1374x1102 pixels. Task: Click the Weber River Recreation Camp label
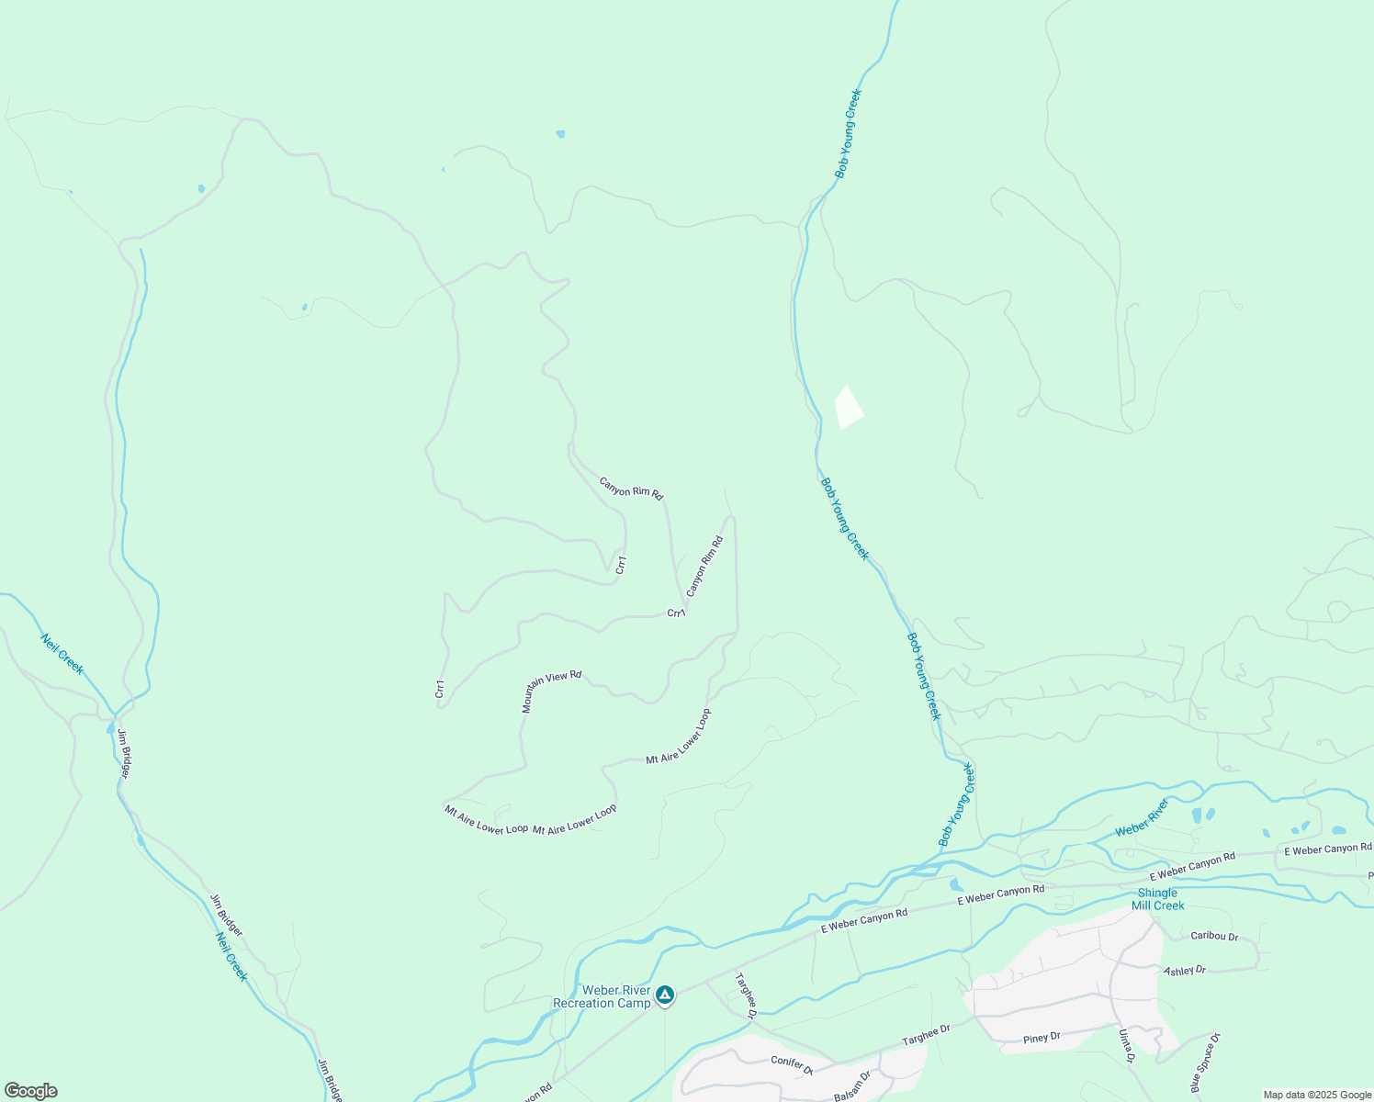(x=602, y=996)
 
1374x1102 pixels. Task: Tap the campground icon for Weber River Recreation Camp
(x=665, y=995)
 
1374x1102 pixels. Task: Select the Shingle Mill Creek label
(x=1157, y=899)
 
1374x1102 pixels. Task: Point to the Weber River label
(x=1142, y=817)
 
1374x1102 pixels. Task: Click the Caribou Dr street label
(x=1214, y=936)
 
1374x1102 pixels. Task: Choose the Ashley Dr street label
(x=1185, y=970)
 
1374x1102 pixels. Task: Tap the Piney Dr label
(x=1042, y=1038)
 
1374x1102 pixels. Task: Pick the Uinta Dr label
(x=1126, y=1047)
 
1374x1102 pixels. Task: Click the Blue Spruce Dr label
(x=1205, y=1063)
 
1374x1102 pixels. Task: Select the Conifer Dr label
(x=792, y=1064)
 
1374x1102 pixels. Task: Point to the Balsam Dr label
(x=851, y=1087)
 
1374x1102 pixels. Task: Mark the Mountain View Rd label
(x=551, y=691)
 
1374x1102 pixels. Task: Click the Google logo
(x=31, y=1091)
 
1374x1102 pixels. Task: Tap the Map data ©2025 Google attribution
(x=1317, y=1095)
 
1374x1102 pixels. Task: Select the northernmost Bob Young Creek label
(x=848, y=133)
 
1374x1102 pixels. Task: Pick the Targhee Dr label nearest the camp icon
(x=745, y=995)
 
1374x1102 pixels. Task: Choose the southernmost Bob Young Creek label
(x=956, y=804)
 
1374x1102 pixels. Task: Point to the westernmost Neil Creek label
(x=62, y=654)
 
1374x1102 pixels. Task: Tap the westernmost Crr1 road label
(x=440, y=689)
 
